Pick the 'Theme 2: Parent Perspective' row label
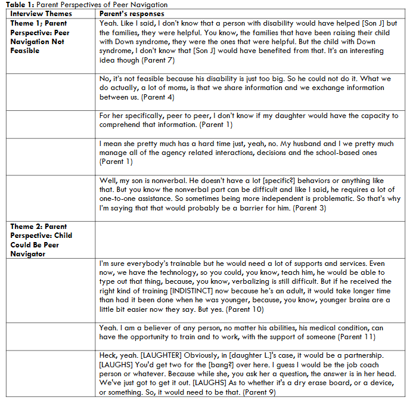click(39, 240)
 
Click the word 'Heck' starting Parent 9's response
click(108, 355)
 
